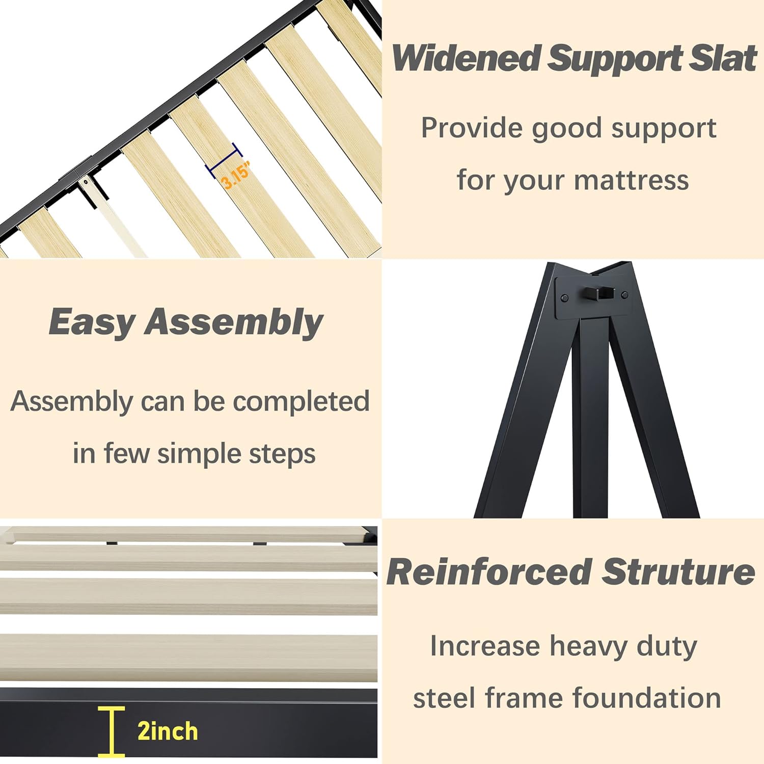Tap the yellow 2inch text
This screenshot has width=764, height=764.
(x=168, y=731)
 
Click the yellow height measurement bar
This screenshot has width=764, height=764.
(x=112, y=731)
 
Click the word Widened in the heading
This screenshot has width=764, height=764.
(x=466, y=58)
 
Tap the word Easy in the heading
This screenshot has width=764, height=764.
(x=92, y=322)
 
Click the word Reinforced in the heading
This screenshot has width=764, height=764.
(x=488, y=572)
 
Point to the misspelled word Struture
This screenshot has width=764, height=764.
(x=678, y=572)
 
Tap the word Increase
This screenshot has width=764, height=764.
(x=484, y=646)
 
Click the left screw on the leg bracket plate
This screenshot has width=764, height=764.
(x=564, y=297)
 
